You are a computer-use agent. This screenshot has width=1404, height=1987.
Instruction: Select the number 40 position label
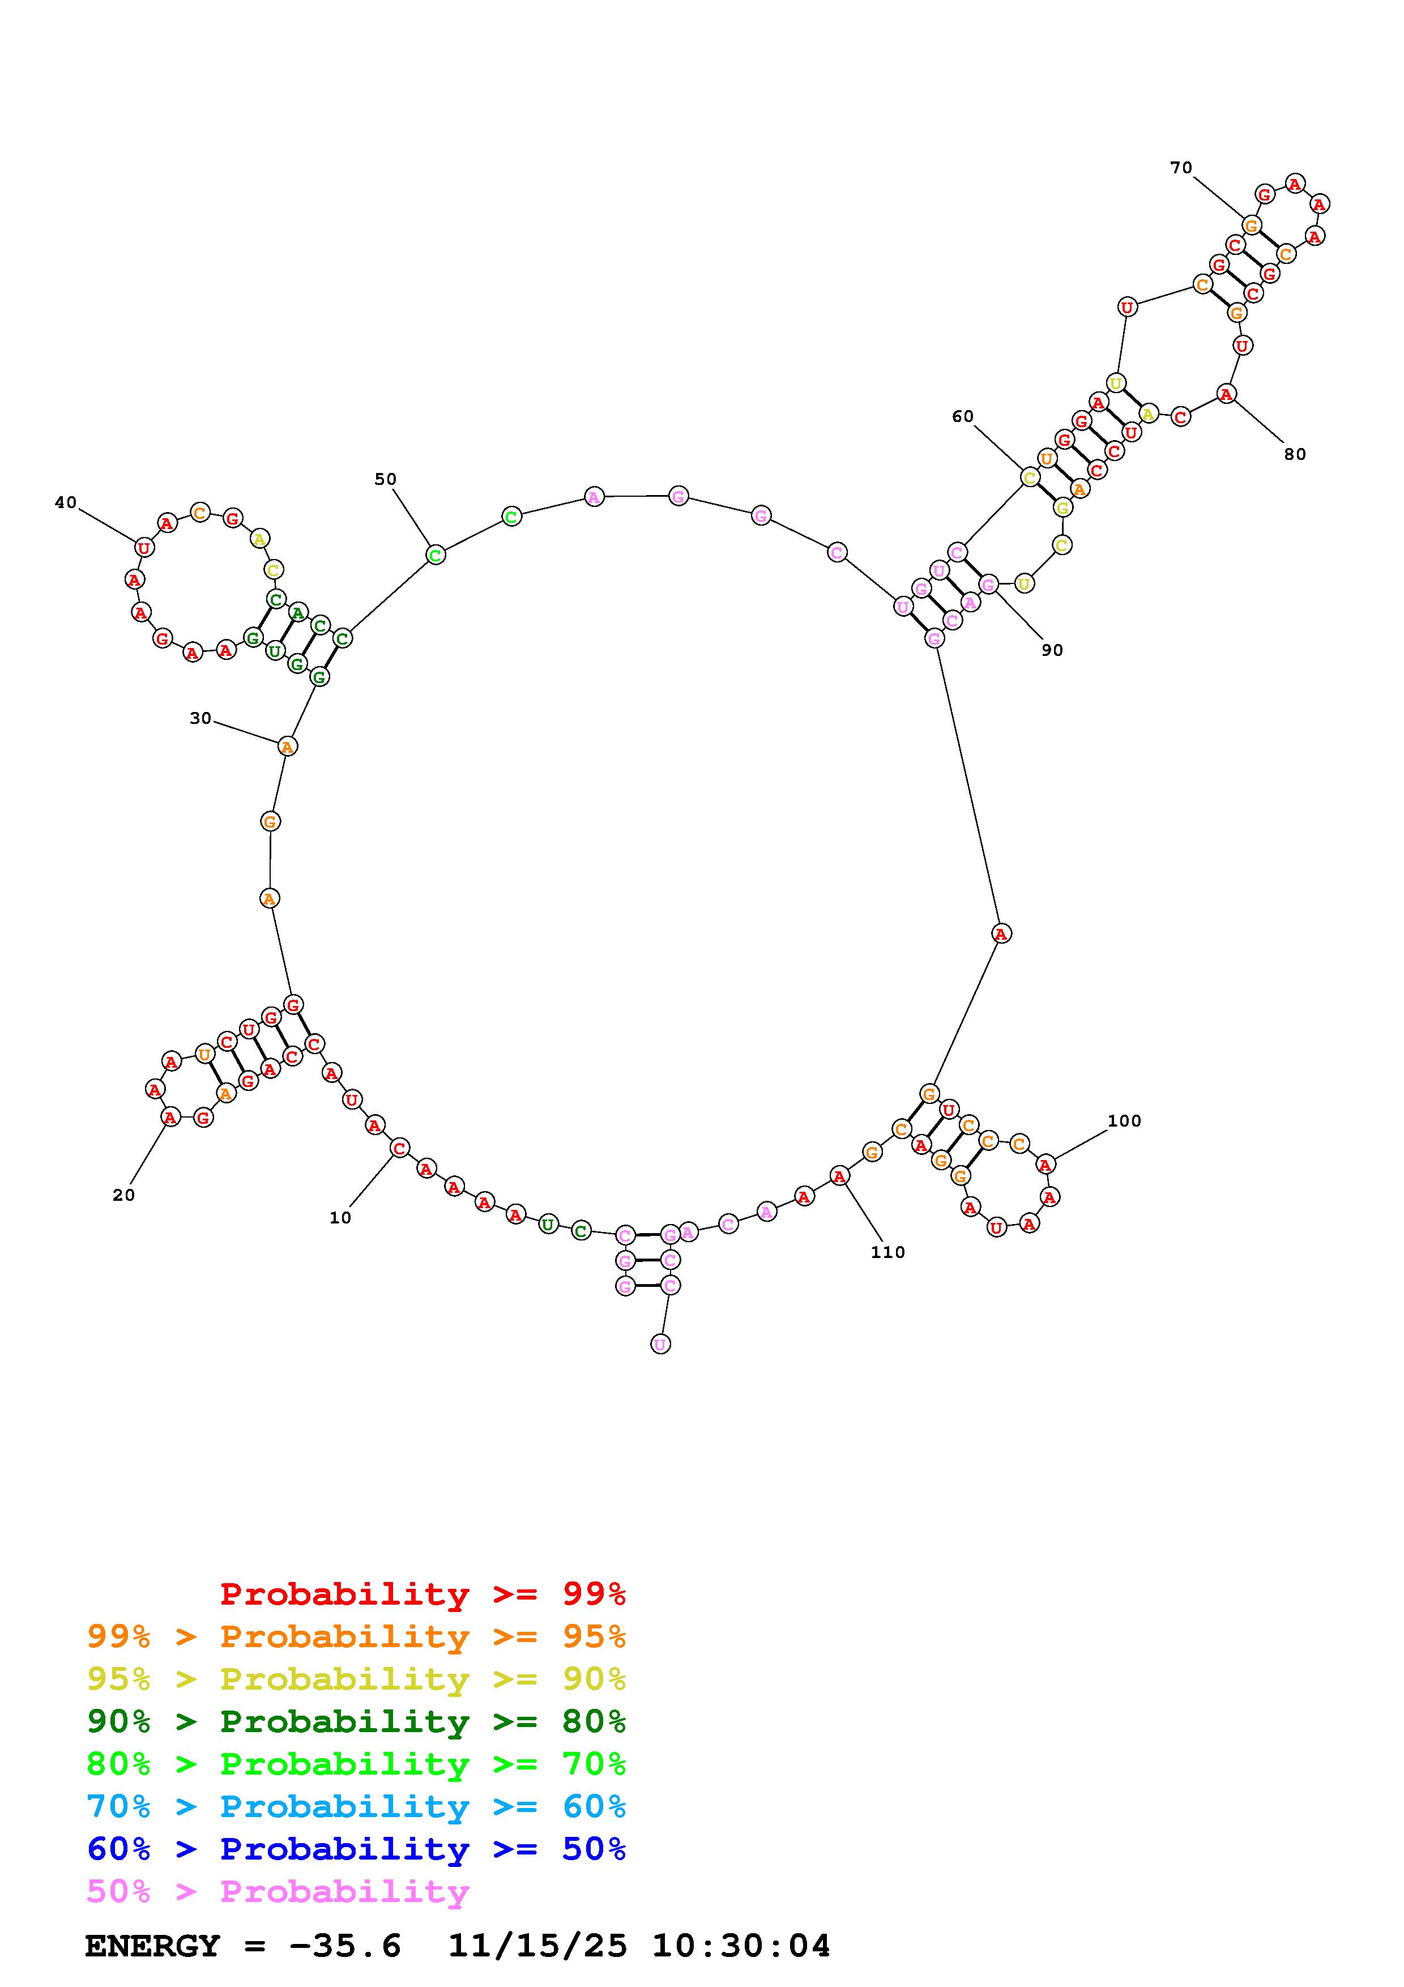click(x=66, y=503)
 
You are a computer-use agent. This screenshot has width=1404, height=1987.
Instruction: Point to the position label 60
click(x=963, y=416)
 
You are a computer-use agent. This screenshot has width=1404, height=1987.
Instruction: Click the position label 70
click(x=1181, y=168)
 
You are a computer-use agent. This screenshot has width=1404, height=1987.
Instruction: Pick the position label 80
click(x=1295, y=454)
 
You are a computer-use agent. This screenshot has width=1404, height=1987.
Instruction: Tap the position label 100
click(x=1125, y=1121)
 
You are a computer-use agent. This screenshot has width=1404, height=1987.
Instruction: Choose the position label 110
click(x=889, y=1252)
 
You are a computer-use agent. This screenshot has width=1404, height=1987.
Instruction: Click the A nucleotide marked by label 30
click(x=287, y=745)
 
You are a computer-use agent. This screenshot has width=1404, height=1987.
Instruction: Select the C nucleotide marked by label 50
click(x=435, y=555)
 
